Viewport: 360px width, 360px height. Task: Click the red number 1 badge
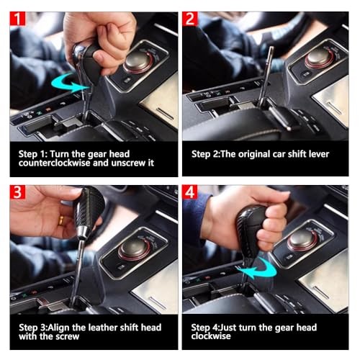pos(17,19)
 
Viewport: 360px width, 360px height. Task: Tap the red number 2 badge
pos(190,19)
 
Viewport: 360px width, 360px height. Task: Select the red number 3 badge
pos(17,192)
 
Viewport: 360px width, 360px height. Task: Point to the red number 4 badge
pos(190,192)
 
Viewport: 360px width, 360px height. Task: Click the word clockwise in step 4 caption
pos(211,336)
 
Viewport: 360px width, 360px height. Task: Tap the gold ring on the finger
pos(61,220)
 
